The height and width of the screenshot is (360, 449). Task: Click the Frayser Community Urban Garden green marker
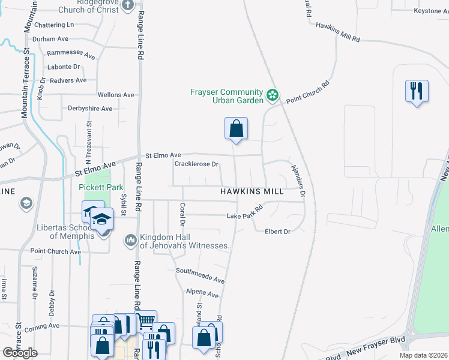272,95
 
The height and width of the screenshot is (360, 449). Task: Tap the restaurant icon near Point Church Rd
417,91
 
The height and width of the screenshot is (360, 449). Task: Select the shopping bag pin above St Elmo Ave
236,128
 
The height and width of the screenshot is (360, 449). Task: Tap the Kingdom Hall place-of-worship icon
131,241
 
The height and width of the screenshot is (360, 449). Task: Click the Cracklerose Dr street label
196,164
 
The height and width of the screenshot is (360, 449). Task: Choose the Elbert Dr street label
277,232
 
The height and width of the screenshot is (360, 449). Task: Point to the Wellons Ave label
116,95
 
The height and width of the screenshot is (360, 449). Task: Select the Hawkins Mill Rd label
337,32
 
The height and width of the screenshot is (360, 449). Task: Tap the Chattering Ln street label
54,25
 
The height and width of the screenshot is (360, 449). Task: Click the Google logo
20,353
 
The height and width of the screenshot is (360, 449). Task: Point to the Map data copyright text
423,355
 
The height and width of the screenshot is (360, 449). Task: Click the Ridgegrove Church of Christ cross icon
127,5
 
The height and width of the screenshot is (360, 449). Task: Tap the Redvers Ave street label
69,80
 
